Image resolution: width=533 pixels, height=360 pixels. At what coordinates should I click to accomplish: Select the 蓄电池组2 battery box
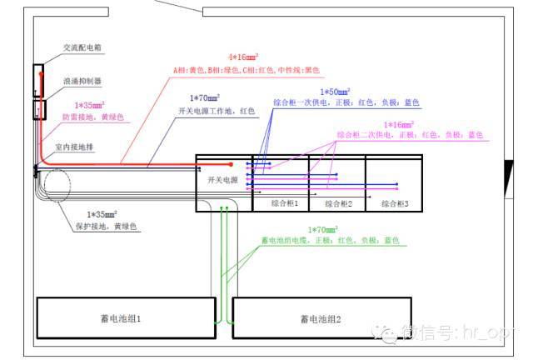(320, 318)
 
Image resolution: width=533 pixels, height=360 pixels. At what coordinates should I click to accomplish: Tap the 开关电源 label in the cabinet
(222, 180)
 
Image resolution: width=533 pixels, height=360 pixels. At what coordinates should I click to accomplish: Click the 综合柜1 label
(284, 202)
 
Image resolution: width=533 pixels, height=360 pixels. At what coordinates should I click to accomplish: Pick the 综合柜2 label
(339, 202)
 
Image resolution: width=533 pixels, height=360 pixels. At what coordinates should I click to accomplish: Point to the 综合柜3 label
(395, 202)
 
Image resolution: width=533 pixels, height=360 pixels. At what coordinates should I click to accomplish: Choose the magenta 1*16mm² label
(398, 124)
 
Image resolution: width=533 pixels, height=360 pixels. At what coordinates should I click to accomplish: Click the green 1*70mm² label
(324, 229)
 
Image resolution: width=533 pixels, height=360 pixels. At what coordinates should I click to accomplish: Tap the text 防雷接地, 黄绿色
(92, 117)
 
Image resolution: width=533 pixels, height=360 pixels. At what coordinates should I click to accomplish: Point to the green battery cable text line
(329, 240)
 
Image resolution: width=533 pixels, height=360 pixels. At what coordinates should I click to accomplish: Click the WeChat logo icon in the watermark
(387, 332)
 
